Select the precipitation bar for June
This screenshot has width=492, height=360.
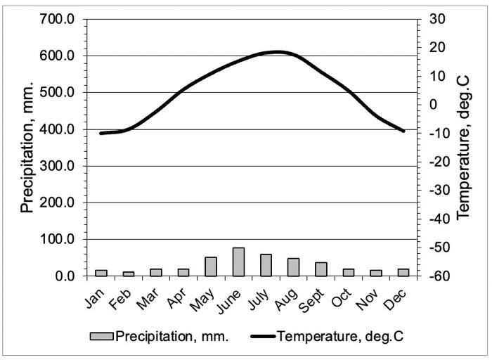tap(238, 262)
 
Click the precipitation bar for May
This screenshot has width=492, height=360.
tap(211, 266)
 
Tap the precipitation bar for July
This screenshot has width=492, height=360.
tap(266, 265)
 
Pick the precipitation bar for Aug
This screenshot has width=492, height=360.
tap(293, 267)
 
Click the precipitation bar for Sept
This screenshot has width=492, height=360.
tap(321, 269)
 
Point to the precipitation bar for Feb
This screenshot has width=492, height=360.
tap(129, 274)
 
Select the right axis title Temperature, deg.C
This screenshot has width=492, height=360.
tap(464, 148)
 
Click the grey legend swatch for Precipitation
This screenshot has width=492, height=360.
tap(102, 336)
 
